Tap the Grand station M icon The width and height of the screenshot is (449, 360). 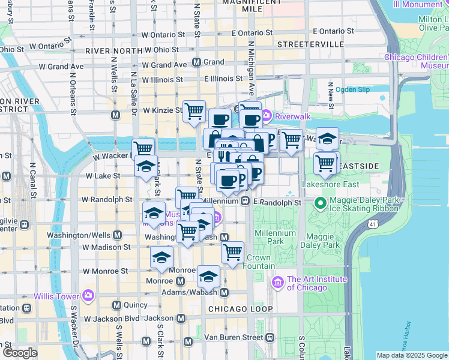click(x=196, y=62)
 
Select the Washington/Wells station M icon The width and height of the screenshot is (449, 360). click(x=117, y=235)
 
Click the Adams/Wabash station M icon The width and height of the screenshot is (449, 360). click(x=224, y=292)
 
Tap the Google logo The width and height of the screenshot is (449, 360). click(x=20, y=353)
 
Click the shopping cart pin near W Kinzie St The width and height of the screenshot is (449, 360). click(x=194, y=112)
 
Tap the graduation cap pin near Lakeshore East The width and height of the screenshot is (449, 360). click(x=327, y=139)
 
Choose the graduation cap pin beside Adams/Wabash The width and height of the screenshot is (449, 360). click(x=208, y=276)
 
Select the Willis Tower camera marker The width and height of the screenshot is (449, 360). click(x=88, y=295)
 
